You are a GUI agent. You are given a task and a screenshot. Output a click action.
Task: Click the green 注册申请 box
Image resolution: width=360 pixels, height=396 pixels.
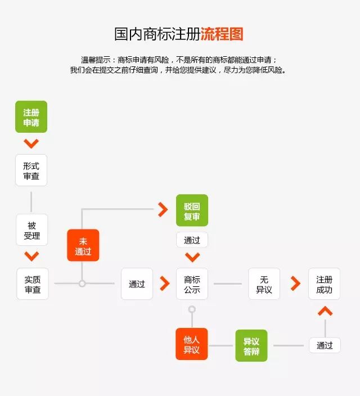coord(31,117)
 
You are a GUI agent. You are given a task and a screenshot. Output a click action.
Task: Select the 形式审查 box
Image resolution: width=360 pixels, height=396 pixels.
coord(31,170)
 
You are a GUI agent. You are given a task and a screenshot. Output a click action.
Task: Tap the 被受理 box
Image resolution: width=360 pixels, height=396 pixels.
coord(31,230)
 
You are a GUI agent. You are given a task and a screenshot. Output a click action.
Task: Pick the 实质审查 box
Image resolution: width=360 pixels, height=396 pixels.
coord(32,284)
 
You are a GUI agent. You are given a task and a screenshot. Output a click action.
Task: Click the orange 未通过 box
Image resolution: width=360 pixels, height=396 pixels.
coord(83,245)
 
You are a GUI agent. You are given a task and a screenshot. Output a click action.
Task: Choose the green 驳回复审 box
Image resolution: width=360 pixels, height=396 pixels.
coord(192,210)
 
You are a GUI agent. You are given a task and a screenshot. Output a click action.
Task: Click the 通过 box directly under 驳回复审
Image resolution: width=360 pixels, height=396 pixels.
coord(192,240)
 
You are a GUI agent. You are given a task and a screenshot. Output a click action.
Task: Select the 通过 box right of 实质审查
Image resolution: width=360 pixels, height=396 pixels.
coord(137,284)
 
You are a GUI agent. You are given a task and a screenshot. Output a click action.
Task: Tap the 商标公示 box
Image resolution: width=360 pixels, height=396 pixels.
coord(192,284)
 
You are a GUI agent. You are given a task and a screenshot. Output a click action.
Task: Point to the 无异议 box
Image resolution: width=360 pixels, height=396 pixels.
coord(264,284)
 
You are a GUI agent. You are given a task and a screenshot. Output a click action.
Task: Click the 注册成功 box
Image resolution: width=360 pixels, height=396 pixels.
coord(325,284)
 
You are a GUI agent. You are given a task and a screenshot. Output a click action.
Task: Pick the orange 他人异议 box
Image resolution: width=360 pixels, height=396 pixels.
coord(192,344)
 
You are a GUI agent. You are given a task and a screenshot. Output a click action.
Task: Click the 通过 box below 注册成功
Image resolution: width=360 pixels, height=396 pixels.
coord(325,345)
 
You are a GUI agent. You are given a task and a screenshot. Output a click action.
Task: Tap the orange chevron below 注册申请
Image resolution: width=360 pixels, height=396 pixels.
coord(31,143)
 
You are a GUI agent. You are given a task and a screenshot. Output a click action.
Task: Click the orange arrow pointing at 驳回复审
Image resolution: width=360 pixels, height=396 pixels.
coord(163,210)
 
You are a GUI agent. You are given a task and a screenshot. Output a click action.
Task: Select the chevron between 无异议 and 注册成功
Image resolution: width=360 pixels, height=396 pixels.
coord(295,283)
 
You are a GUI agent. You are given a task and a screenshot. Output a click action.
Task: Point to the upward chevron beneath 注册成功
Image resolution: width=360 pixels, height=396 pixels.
coord(325,310)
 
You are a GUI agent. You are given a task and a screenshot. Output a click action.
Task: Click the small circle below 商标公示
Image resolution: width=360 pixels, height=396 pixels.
coord(192,309)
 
